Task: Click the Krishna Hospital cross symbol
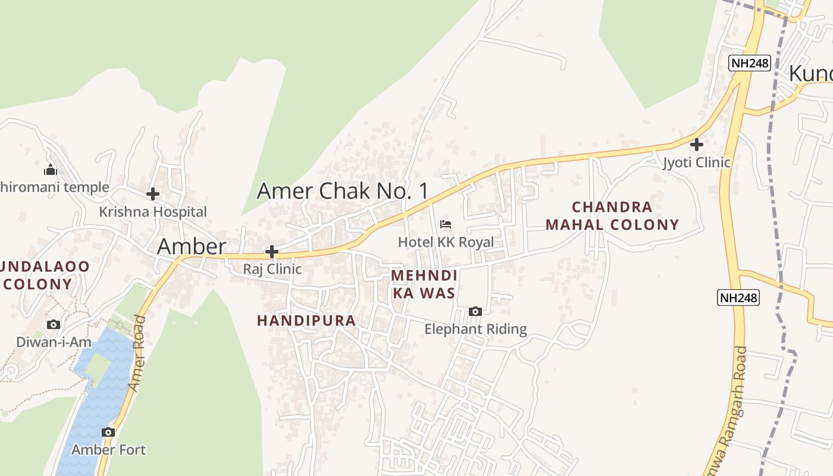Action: [x=153, y=194]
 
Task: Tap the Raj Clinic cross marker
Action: [x=271, y=252]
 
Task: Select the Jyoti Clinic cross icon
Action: [x=696, y=144]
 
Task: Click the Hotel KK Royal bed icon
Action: [x=445, y=224]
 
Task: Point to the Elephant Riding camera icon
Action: [x=475, y=311]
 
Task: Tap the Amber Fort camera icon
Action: [x=108, y=433]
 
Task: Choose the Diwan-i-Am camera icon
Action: [x=54, y=324]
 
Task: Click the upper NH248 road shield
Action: [x=750, y=63]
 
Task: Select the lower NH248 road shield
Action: [x=738, y=297]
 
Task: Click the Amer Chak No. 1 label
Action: [x=342, y=191]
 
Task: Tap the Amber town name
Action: [x=192, y=247]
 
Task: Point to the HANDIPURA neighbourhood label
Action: [x=306, y=321]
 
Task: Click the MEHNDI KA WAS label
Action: [x=424, y=284]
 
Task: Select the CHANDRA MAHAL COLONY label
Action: [x=612, y=216]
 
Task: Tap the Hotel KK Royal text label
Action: [x=446, y=242]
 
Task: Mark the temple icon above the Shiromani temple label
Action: [x=51, y=170]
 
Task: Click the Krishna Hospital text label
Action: [x=153, y=212]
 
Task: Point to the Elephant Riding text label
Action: [x=475, y=329]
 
